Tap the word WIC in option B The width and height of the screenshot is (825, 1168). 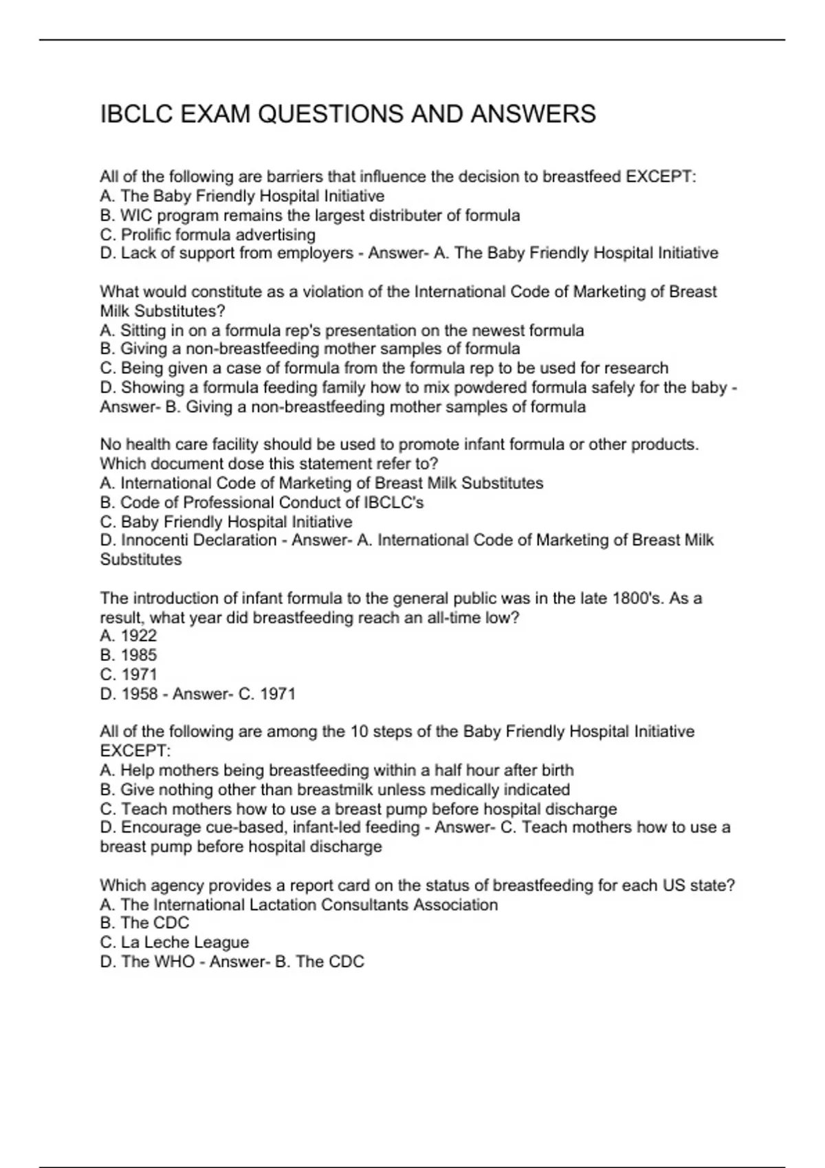136,216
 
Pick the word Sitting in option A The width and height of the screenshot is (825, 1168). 142,330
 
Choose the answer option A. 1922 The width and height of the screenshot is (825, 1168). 129,636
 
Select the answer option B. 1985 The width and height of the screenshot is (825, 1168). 129,655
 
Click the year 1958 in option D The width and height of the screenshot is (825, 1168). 140,694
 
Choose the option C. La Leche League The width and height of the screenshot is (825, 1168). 175,943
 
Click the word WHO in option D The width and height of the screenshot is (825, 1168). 174,962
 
